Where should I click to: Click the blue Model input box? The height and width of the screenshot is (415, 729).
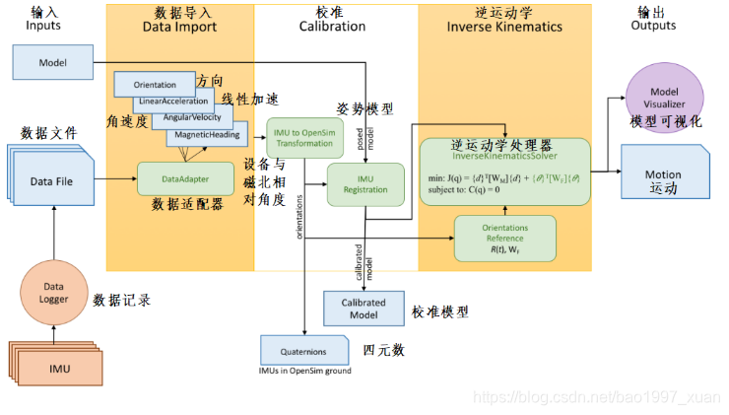[52, 62]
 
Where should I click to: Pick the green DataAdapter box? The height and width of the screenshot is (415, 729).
[185, 178]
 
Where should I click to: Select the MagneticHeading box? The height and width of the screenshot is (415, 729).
[207, 134]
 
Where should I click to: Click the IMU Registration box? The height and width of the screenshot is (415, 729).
[365, 183]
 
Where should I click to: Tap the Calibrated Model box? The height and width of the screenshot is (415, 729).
[364, 308]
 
